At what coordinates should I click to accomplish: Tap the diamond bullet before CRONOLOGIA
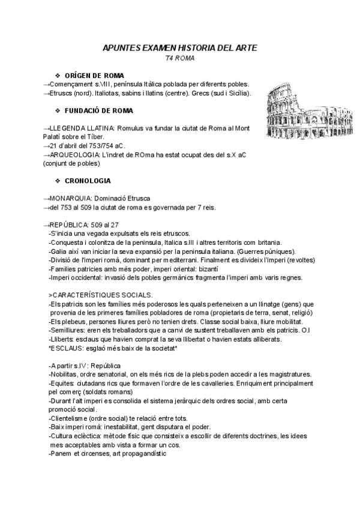click(58, 180)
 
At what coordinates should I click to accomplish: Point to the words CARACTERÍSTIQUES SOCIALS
click(102, 295)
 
